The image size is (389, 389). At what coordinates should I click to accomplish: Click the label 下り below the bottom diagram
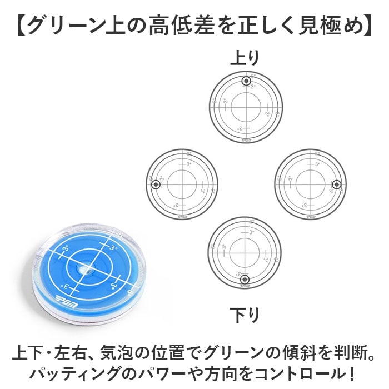(x=245, y=316)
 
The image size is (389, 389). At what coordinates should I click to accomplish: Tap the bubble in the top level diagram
(x=246, y=82)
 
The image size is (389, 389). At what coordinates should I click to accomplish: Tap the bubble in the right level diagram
(x=335, y=184)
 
